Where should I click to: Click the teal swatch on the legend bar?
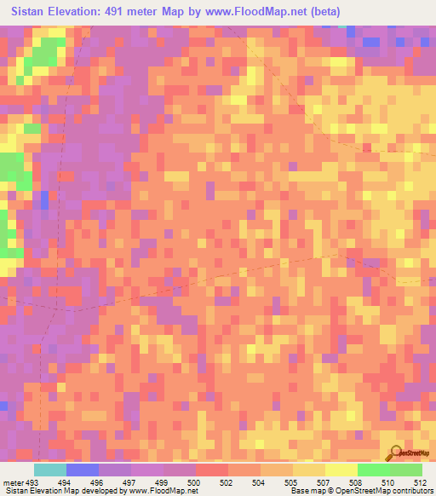coord(50,470)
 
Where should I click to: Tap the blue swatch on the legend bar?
coord(83,470)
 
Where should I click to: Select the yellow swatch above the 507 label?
coord(309,470)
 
